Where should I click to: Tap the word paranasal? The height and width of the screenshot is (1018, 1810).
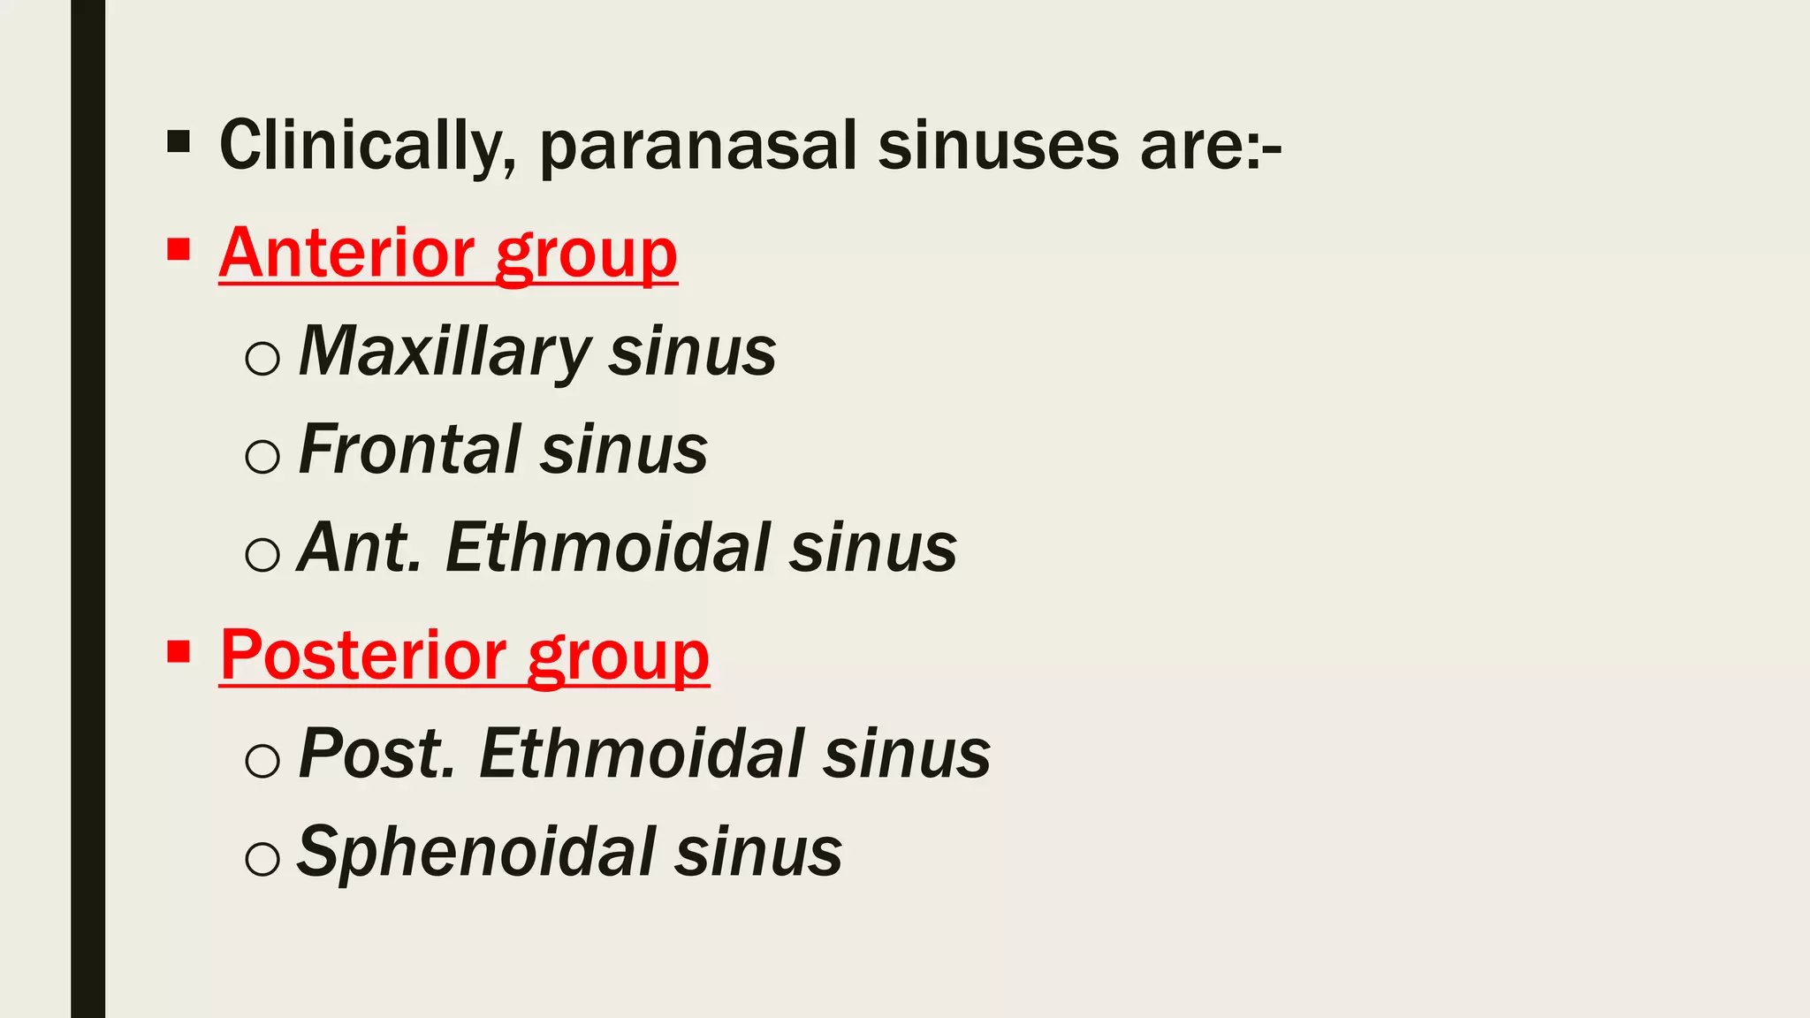pos(698,148)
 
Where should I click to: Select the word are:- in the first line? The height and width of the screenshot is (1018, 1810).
pos(1210,146)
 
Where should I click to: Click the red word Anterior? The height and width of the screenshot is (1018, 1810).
pos(347,254)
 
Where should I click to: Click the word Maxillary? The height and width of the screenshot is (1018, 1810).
pos(445,353)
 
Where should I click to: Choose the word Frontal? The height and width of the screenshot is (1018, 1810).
pos(410,450)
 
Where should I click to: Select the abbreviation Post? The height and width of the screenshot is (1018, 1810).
pos(377,754)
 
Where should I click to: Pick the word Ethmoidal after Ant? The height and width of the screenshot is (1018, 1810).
pos(609,548)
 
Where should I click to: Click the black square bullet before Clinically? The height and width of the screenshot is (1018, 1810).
pos(179,141)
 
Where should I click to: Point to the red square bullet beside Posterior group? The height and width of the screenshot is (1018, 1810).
pos(179,652)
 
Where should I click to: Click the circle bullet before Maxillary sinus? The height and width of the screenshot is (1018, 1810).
pos(262,359)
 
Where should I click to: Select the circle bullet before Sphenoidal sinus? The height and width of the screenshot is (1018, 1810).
pos(262,858)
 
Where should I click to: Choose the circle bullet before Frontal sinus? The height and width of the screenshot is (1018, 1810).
pos(262,456)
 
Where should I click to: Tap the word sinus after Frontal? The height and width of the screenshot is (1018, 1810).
pos(624,450)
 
